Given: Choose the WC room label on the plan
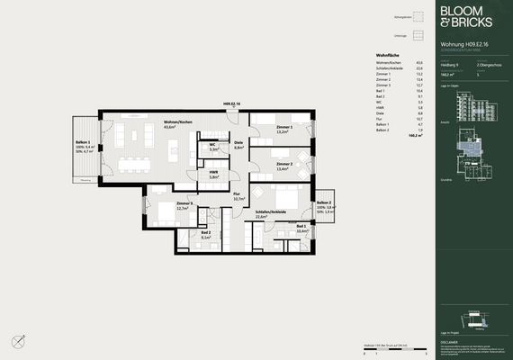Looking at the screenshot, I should (213, 147).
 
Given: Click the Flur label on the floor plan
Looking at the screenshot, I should (237, 196).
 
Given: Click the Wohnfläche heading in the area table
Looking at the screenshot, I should (387, 55).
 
